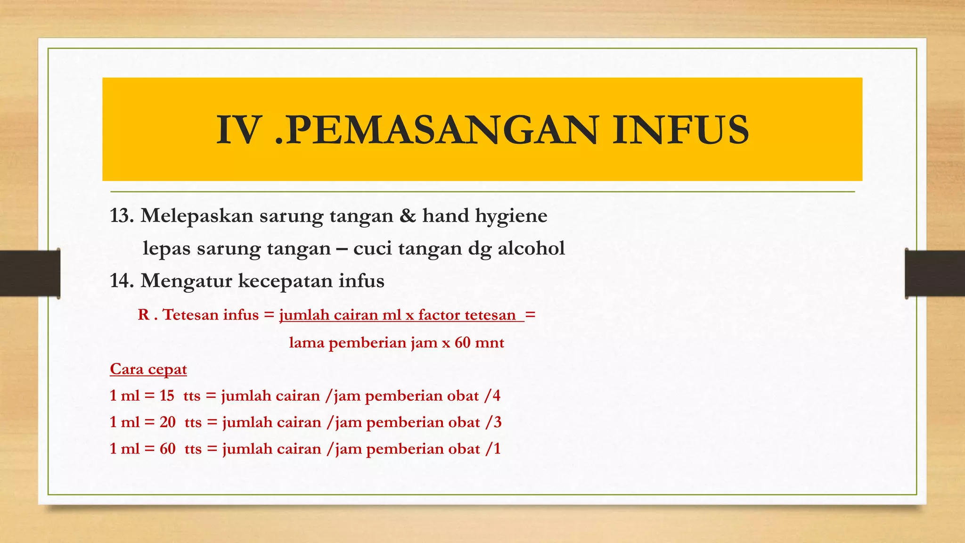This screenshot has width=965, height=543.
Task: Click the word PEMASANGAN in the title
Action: [442, 130]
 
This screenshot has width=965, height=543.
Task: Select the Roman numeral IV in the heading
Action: [238, 130]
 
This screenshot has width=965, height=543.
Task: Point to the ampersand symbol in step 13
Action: [408, 216]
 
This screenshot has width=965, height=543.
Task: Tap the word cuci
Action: [372, 248]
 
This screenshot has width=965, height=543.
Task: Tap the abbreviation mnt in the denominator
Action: [490, 343]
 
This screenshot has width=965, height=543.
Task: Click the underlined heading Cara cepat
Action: [148, 370]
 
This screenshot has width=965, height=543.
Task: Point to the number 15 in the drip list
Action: [167, 395]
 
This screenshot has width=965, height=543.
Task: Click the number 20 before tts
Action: [167, 422]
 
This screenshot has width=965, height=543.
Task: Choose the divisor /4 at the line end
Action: [493, 395]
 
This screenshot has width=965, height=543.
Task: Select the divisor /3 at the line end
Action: [494, 422]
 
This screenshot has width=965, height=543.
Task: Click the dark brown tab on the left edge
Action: [30, 273]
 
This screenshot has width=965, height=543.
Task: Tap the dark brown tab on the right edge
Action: [935, 273]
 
